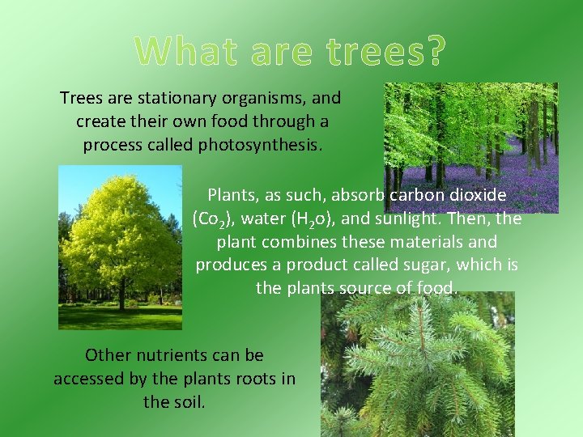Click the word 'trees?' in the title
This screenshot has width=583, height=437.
(x=385, y=52)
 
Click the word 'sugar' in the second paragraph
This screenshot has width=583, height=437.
(x=481, y=265)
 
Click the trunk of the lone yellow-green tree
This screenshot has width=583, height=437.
(x=121, y=299)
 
